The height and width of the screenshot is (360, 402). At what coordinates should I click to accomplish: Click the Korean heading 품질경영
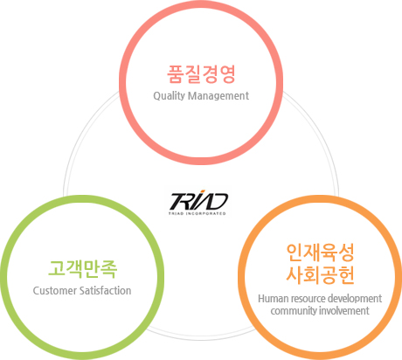click(201, 74)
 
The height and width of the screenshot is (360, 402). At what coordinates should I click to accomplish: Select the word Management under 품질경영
click(218, 96)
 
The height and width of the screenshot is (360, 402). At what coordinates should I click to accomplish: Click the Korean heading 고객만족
click(82, 269)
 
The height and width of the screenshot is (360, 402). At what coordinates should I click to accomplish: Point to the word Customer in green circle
click(54, 291)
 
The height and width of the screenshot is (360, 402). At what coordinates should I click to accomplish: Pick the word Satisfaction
click(105, 290)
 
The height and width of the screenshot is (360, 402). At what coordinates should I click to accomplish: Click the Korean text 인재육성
click(320, 253)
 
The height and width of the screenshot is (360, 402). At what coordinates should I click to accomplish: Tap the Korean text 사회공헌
click(320, 274)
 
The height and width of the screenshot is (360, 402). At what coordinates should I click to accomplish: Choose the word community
click(294, 311)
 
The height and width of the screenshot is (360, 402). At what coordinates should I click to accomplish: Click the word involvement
click(344, 310)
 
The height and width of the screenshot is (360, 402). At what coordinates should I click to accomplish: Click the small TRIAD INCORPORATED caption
click(198, 213)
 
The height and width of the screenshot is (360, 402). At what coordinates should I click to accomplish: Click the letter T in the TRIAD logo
click(178, 202)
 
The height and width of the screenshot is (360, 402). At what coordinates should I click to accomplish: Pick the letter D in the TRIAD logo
click(218, 202)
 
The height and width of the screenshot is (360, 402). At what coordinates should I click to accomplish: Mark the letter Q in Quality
click(156, 96)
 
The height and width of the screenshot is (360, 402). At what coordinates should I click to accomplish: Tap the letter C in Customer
click(36, 291)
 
